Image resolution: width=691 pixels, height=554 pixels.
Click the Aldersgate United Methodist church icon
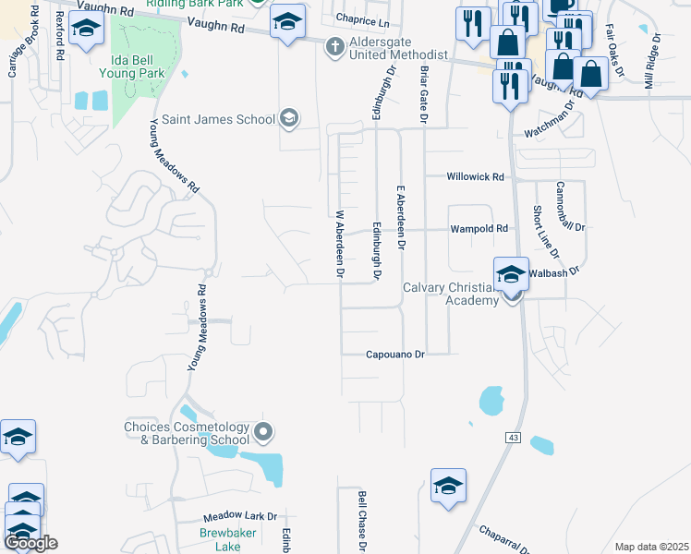333,46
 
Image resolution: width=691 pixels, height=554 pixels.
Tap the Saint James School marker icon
290,118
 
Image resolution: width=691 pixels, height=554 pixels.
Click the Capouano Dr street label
394,354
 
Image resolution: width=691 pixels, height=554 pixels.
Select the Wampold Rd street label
479,228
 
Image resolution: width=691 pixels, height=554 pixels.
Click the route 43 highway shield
509,436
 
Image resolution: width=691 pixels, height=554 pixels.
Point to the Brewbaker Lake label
221,539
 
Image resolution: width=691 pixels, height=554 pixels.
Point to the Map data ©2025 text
652,547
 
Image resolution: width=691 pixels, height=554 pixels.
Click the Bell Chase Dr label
362,522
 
